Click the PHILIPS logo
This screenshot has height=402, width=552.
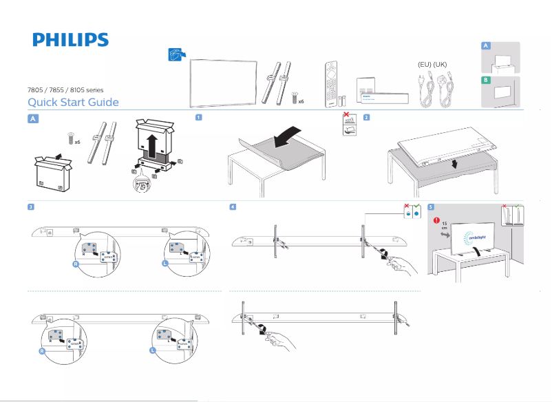[x=70, y=39]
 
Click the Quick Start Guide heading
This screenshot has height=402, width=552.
[x=73, y=103]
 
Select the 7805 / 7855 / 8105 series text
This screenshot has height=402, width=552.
[x=64, y=90]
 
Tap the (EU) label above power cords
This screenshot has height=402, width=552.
[x=425, y=65]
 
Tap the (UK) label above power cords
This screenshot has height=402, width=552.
[x=440, y=65]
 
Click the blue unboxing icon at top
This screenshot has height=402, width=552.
[x=177, y=55]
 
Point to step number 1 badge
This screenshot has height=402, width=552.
[x=198, y=117]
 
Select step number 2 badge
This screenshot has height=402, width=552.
[x=366, y=117]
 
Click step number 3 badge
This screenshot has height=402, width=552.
[x=31, y=207]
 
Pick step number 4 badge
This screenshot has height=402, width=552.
[x=233, y=207]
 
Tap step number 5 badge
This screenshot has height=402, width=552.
[x=430, y=207]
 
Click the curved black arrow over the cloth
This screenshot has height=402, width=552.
[x=288, y=136]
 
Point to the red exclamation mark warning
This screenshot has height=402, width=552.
[x=436, y=220]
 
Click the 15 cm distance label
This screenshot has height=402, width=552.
[x=444, y=226]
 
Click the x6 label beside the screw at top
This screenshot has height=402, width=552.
[x=301, y=100]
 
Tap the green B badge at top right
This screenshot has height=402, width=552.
[x=486, y=81]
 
